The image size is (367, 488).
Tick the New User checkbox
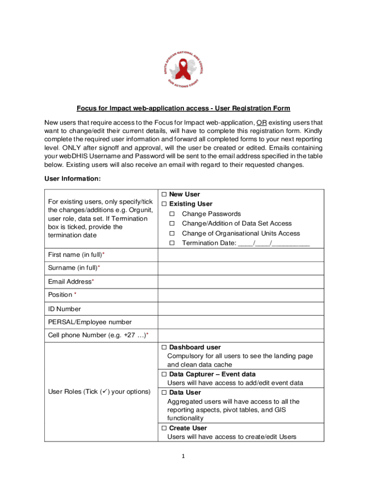tap(164, 194)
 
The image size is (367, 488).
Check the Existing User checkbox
tap(164, 204)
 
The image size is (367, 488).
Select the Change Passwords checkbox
tap(173, 214)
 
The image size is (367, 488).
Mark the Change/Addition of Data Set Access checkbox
tap(173, 224)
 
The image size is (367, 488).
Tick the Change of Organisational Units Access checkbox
tap(173, 234)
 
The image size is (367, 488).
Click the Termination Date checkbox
tap(173, 244)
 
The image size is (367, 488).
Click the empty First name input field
tap(241, 255)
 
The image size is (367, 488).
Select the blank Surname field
tap(241, 268)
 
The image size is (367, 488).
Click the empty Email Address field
tap(241, 282)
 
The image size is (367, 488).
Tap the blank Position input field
tap(241, 295)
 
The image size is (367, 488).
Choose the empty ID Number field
tap(241, 309)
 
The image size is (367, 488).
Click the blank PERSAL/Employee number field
tap(241, 322)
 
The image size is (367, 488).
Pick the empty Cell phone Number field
tap(241, 335)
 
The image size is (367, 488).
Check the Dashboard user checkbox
tap(164, 347)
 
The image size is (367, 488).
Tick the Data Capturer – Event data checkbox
tap(164, 375)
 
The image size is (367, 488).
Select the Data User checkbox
tap(164, 393)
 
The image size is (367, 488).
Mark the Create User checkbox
tap(164, 428)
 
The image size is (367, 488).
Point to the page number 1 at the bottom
tap(183, 456)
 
